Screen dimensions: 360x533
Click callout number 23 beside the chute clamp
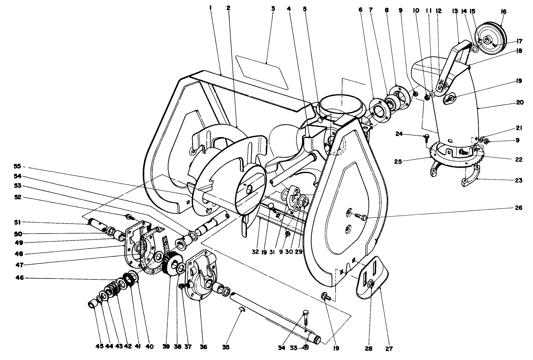pyautogui.click(x=518, y=180)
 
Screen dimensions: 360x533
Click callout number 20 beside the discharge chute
pyautogui.click(x=519, y=102)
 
